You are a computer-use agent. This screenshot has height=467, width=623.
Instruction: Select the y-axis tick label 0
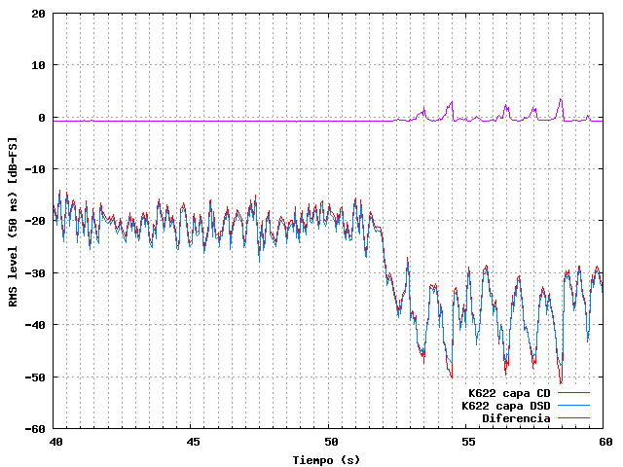tap(41, 118)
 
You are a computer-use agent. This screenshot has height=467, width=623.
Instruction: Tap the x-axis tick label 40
tap(55, 442)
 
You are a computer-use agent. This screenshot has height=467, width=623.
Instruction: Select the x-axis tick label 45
tap(193, 442)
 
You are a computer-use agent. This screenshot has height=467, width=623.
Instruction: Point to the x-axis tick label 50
tap(330, 442)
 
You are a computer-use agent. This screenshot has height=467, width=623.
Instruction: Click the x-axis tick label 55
tap(468, 442)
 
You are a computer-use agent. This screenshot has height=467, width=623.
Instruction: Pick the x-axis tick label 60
tap(605, 442)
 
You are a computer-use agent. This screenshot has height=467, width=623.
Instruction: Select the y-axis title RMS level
tap(13, 222)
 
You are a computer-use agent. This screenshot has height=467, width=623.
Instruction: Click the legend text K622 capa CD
tap(509, 393)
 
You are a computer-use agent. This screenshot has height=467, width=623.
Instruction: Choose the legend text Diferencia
tap(516, 418)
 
